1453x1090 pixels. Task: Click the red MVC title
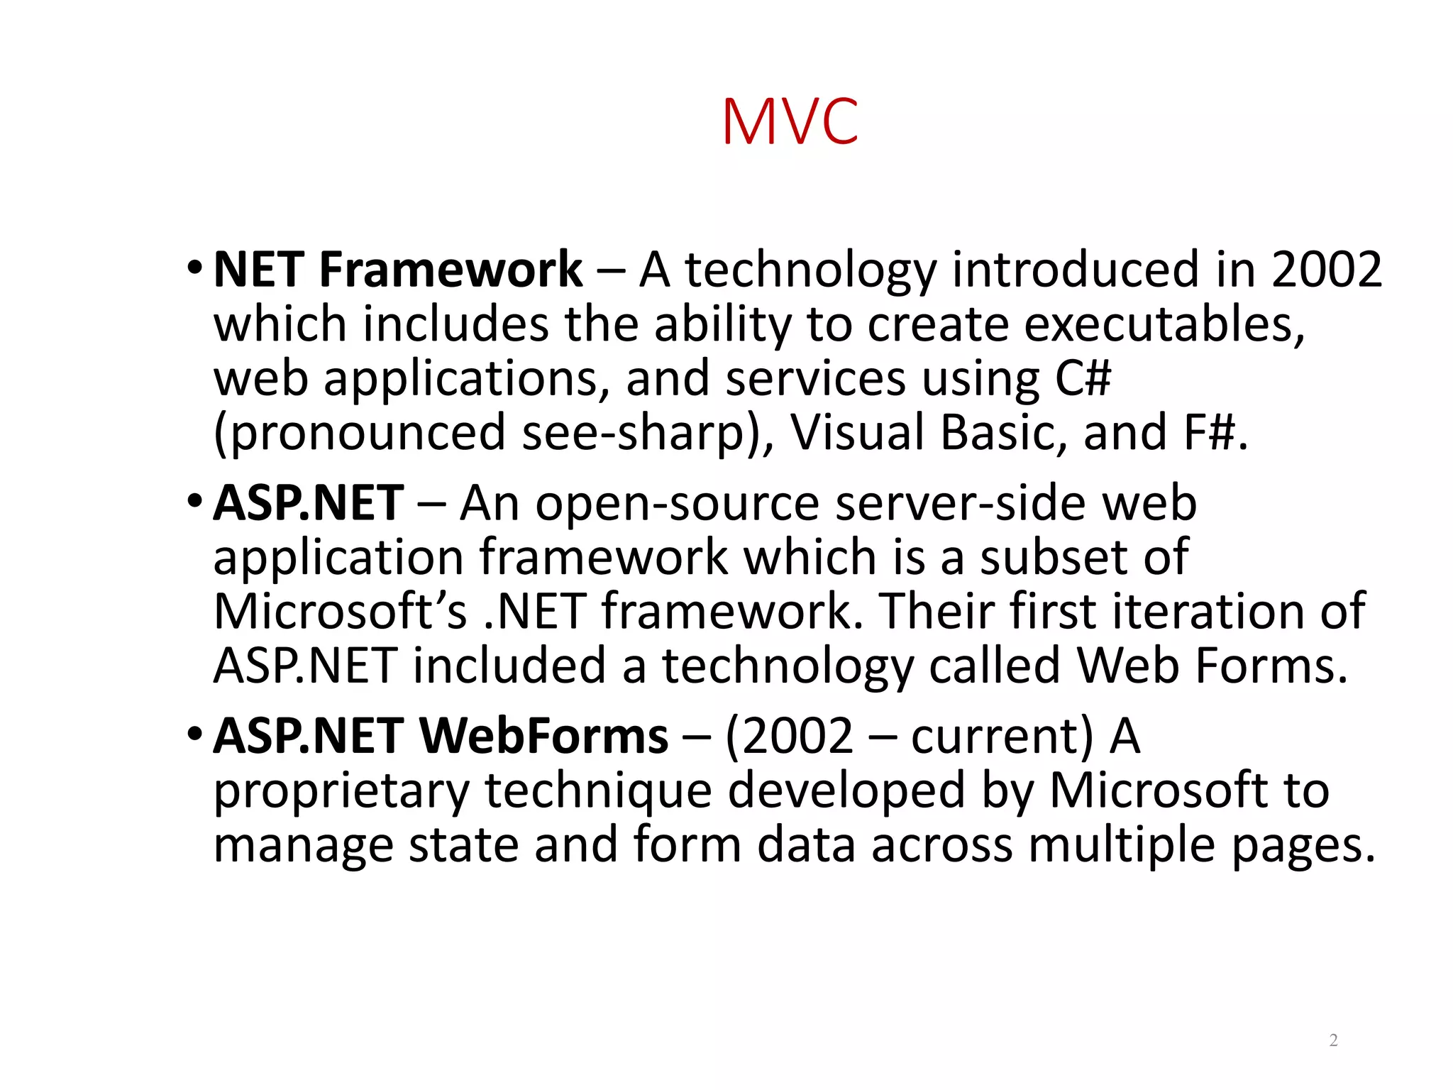(790, 122)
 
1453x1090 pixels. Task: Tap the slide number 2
(1333, 1040)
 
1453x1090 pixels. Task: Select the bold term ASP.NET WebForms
(441, 736)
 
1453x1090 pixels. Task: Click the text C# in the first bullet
(1083, 378)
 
